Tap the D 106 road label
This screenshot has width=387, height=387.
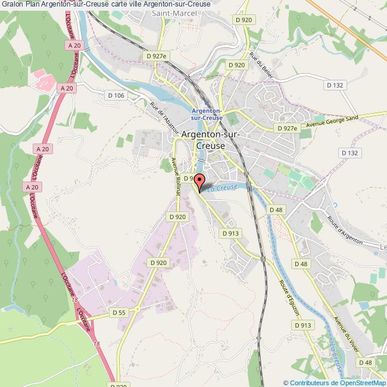tap(116, 95)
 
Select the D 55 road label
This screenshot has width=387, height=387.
tap(120, 312)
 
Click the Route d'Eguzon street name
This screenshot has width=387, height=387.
tap(287, 296)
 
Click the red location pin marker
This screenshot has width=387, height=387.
tap(199, 181)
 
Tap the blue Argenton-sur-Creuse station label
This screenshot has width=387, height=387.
tap(207, 114)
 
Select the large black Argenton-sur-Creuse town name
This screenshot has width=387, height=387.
tap(210, 140)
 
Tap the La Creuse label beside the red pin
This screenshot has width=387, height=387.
tap(223, 188)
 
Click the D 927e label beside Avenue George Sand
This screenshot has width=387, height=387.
tap(286, 128)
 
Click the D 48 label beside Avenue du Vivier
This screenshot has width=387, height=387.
tap(365, 362)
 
